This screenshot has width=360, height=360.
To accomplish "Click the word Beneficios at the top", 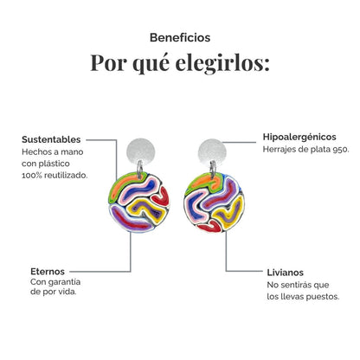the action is tap(180, 37).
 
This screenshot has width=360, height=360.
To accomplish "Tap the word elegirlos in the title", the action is tap(222, 62).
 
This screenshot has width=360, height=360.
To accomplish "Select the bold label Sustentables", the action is tap(51, 139).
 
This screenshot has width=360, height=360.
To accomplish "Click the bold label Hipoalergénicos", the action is tap(299, 137).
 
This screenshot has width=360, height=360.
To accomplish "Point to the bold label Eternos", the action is tap(48, 272).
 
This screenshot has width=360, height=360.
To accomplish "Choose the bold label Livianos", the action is tap(285, 273).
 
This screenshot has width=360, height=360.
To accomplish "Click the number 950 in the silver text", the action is tap(341, 150).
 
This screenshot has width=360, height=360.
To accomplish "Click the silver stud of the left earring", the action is tap(140, 151).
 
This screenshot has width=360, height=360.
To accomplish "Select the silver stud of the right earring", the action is tap(212, 152).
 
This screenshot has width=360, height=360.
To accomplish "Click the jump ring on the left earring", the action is tap(139, 169).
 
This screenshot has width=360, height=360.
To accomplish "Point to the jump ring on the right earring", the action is tap(213, 169).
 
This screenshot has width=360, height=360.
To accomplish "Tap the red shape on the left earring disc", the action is tap(162, 196).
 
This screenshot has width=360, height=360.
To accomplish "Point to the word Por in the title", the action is tap(108, 62).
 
